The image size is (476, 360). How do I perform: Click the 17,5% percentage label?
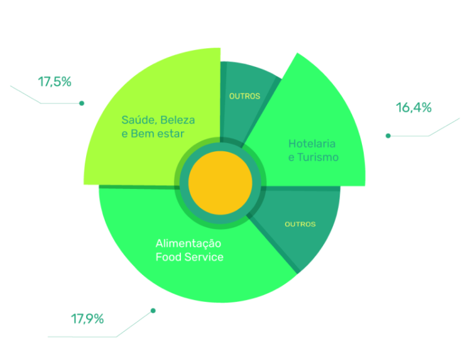point(55,81)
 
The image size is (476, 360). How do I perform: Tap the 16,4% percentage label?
point(413,108)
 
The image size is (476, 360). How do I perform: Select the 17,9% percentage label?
point(87,319)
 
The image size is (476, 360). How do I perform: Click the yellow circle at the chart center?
point(220,184)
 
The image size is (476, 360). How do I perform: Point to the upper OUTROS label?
point(244,96)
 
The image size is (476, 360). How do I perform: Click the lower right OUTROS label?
point(300,224)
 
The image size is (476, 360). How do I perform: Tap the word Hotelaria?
point(312,144)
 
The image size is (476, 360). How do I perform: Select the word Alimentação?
point(188,244)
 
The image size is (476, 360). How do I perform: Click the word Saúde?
point(136,120)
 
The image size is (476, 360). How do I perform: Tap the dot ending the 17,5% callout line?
point(82,103)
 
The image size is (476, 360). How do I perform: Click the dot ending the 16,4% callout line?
point(388,135)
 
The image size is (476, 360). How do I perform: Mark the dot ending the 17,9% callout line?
point(153,310)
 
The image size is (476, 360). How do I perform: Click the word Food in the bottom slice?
point(167,257)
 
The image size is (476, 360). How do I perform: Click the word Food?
point(167,257)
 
